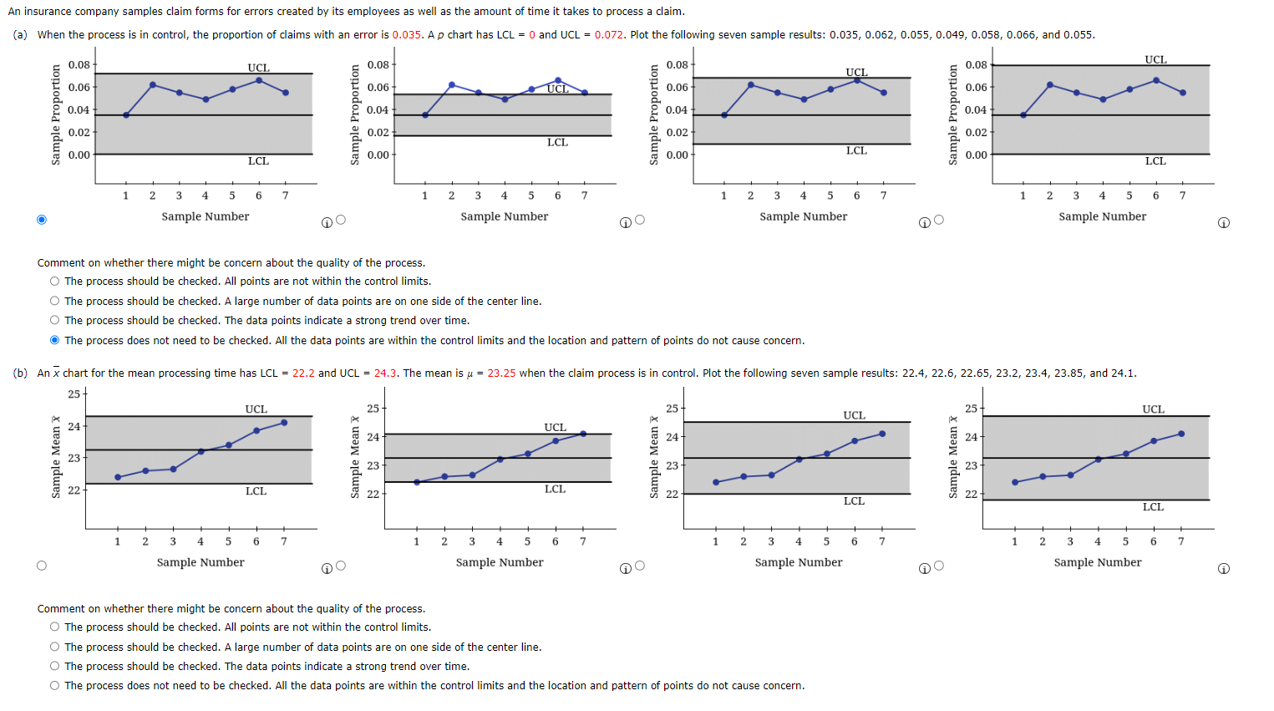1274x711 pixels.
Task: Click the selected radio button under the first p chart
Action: click(42, 220)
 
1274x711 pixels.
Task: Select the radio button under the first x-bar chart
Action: click(42, 566)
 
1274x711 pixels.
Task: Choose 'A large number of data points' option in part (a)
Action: click(55, 302)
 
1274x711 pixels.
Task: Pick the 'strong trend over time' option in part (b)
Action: click(55, 667)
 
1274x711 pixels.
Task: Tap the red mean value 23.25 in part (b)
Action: click(501, 373)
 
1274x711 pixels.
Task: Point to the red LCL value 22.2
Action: click(303, 373)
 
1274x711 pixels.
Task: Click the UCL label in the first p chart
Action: click(258, 68)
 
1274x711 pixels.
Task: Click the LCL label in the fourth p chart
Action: click(1155, 160)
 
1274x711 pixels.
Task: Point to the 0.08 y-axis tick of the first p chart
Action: click(79, 65)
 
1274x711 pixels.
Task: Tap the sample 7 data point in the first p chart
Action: click(286, 93)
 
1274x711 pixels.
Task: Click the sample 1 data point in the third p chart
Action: click(724, 115)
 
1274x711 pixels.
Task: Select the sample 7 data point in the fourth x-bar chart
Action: click(1181, 434)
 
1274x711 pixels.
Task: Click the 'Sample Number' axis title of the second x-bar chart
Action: click(500, 562)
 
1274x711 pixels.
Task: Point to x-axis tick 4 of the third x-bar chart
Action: click(799, 541)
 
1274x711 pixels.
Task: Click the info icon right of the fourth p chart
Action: click(1224, 223)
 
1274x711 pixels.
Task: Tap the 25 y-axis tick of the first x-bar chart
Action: click(74, 394)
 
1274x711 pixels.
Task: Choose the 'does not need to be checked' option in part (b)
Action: click(55, 686)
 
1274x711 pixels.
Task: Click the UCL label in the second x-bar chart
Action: click(556, 427)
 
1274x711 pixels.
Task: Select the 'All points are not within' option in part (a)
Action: click(55, 282)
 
